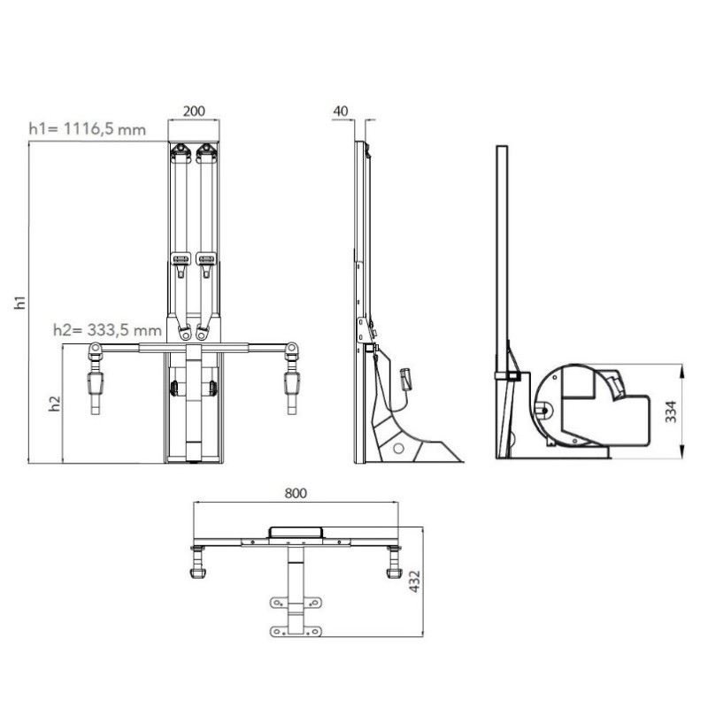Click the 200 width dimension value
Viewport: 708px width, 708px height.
pyautogui.click(x=195, y=112)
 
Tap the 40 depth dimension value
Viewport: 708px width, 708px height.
pyautogui.click(x=342, y=112)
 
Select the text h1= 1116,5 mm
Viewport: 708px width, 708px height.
pyautogui.click(x=86, y=130)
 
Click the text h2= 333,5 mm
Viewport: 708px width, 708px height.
pyautogui.click(x=107, y=330)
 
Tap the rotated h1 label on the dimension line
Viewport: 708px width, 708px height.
pyautogui.click(x=20, y=301)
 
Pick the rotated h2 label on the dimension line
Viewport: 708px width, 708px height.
pyautogui.click(x=55, y=403)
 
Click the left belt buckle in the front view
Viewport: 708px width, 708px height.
pyautogui.click(x=181, y=259)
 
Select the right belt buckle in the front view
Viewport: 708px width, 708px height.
pyautogui.click(x=208, y=259)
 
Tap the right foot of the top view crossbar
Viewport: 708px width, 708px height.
pyautogui.click(x=392, y=568)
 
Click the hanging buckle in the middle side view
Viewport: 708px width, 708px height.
pyautogui.click(x=406, y=377)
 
